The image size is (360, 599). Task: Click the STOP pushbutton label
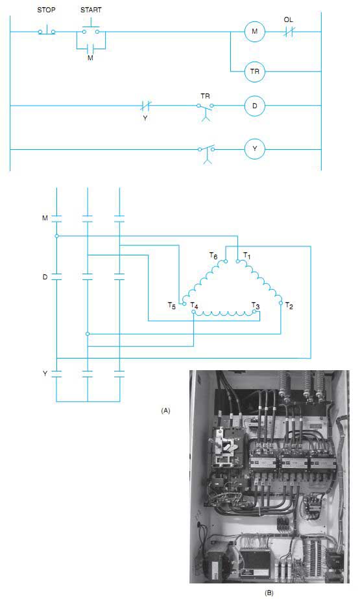pyautogui.click(x=46, y=10)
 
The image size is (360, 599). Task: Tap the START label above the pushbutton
pyautogui.click(x=91, y=10)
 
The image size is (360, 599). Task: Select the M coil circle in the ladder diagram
pyautogui.click(x=254, y=32)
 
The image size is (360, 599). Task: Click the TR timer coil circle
pyautogui.click(x=254, y=71)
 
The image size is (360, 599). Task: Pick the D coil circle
pyautogui.click(x=254, y=106)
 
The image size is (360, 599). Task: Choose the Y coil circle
pyautogui.click(x=254, y=149)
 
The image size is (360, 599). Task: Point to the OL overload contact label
pyautogui.click(x=289, y=19)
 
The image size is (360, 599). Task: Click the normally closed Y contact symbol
pyautogui.click(x=145, y=106)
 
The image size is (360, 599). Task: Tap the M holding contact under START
pyautogui.click(x=91, y=49)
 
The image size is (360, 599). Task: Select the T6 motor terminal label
pyautogui.click(x=213, y=255)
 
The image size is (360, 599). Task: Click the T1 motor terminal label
pyautogui.click(x=247, y=255)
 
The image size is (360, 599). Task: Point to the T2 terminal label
pyautogui.click(x=289, y=305)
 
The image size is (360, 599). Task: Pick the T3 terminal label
pyautogui.click(x=256, y=305)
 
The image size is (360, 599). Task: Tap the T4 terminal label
pyautogui.click(x=194, y=305)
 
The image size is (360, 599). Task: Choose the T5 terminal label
pyautogui.click(x=172, y=305)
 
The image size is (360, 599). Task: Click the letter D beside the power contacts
pyautogui.click(x=45, y=277)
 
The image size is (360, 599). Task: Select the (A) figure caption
pyautogui.click(x=165, y=410)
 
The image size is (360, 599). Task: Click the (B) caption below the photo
pyautogui.click(x=269, y=593)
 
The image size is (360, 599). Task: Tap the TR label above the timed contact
pyautogui.click(x=205, y=96)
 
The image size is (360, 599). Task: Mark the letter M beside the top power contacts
pyautogui.click(x=45, y=218)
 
